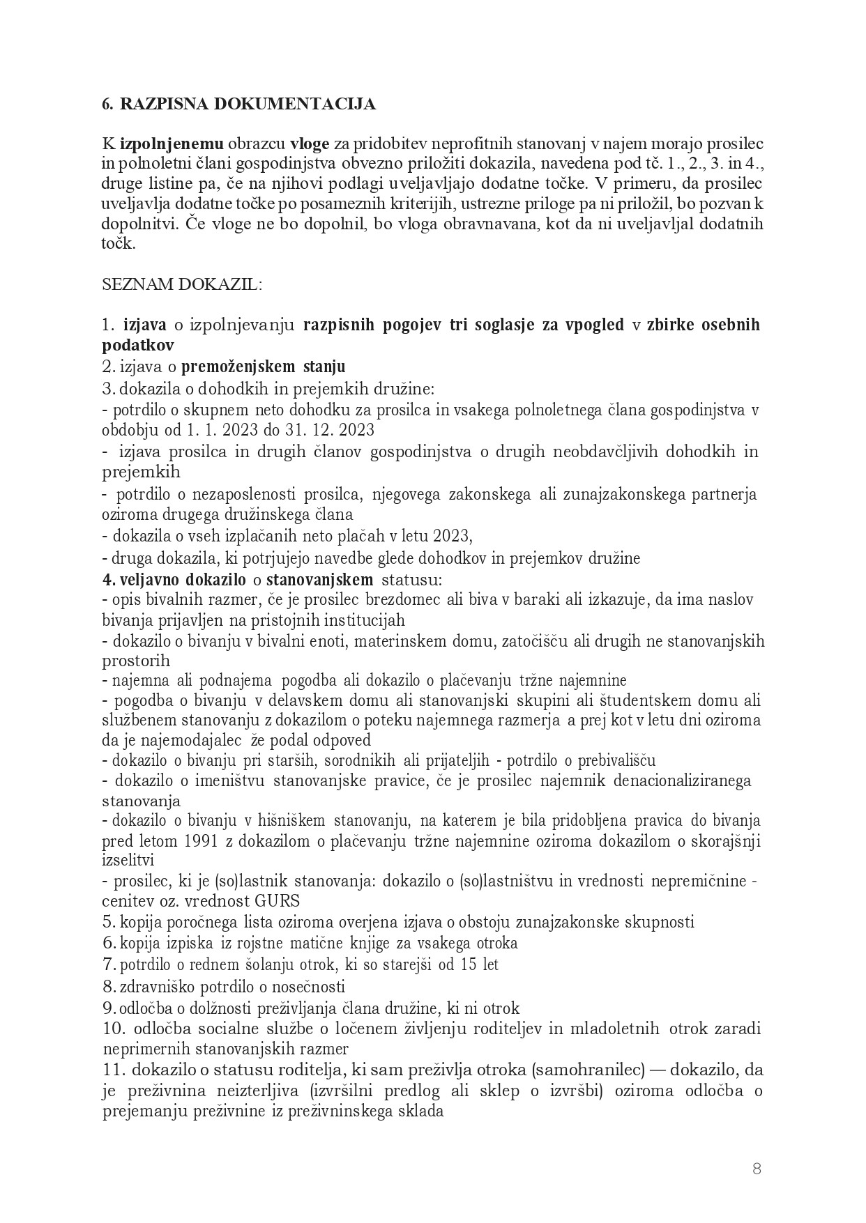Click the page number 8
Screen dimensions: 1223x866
pos(757,1169)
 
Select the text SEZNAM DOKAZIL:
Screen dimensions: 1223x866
pos(182,285)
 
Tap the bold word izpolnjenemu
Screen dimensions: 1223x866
pos(172,145)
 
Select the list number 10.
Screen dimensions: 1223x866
pos(114,1029)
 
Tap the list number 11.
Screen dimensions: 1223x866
pos(114,1070)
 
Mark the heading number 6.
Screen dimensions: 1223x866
pos(107,105)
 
